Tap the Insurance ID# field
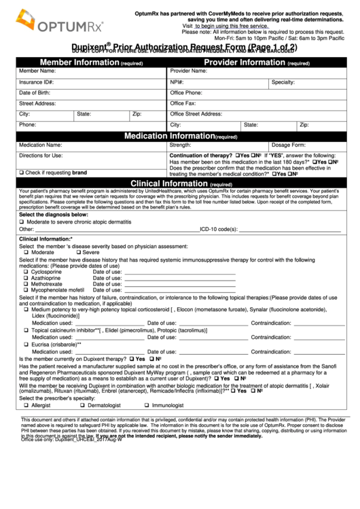pyautogui.click(x=102, y=82)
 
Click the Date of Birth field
pyautogui.click(x=102, y=92)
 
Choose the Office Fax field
pyautogui.click(x=265, y=103)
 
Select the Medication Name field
pyautogui.click(x=102, y=145)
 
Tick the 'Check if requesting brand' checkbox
pyautogui.click(x=22, y=173)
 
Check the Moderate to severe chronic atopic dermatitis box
pyautogui.click(x=22, y=222)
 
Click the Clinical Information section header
pyautogui.click(x=180, y=183)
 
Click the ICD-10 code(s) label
pyautogui.click(x=218, y=229)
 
